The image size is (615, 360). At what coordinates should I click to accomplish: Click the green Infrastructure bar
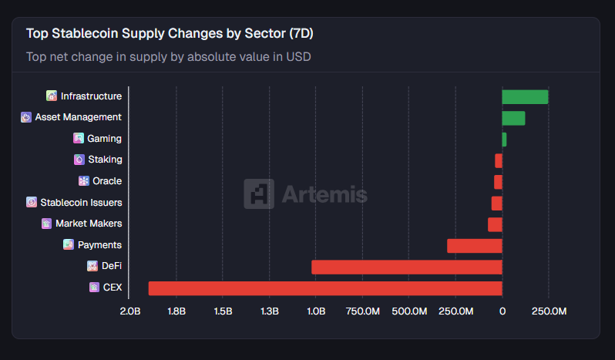pos(525,96)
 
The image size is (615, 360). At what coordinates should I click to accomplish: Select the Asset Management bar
pos(513,118)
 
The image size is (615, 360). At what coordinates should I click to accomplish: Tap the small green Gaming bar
pos(504,140)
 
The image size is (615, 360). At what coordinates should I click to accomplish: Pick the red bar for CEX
pos(325,288)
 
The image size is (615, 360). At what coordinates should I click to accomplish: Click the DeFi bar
pos(407,267)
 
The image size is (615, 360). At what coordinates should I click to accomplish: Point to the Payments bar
pos(475,246)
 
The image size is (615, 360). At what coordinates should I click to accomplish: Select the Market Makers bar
pos(495,224)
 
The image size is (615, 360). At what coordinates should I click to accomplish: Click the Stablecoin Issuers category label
pos(81,203)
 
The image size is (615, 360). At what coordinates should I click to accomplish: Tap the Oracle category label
pos(107,181)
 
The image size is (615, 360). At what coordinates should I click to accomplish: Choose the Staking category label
pos(105,160)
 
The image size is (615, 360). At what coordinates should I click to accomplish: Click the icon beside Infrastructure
pos(52,96)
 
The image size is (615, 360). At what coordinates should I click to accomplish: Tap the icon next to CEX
pos(94,288)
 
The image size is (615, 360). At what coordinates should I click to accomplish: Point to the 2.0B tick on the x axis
pos(130,311)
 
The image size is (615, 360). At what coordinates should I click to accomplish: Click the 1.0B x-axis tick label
pos(316,311)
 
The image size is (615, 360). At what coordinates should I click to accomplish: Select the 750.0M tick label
pos(362,311)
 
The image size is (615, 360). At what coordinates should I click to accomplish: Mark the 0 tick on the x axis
pos(502,311)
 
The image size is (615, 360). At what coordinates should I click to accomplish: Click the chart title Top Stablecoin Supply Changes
pos(170,34)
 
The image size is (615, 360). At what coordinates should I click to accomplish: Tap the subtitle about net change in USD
pos(169,56)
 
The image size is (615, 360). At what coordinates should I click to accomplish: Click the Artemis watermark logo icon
pos(259,194)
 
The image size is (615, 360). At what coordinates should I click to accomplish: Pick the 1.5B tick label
pos(223,311)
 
